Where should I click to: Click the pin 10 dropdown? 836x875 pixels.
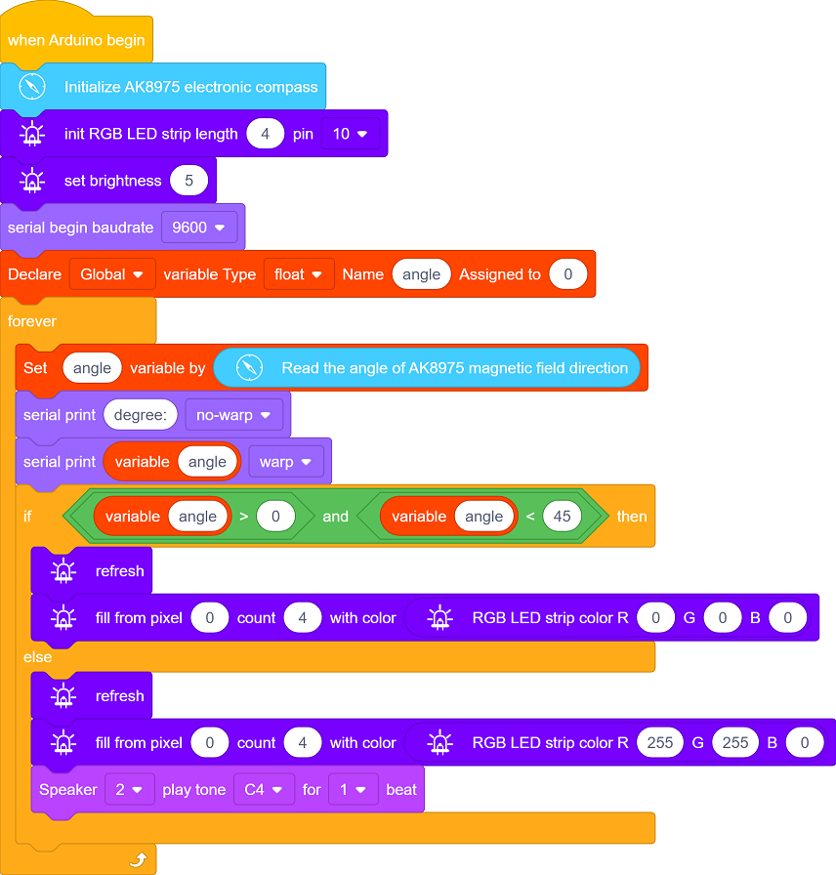350,134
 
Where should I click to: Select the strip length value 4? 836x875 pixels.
265,134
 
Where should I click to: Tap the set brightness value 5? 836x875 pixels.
189,181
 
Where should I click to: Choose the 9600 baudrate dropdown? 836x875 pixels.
198,228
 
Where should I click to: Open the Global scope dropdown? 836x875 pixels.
112,274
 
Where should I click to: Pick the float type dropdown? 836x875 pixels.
299,274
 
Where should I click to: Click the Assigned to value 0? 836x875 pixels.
568,274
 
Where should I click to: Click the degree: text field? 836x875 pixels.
141,415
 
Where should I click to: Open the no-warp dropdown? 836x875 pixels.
233,415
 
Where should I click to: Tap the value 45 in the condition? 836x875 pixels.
562,517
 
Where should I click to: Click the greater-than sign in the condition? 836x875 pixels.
244,517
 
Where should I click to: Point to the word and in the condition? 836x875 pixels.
335,517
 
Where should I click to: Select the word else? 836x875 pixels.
37,657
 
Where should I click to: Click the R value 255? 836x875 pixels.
660,743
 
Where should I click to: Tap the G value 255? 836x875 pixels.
735,743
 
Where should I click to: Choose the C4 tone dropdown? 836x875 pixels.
264,790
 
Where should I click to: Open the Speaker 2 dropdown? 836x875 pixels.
130,790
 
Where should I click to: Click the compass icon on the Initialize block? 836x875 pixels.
32,87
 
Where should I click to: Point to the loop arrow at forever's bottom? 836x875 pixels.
139,859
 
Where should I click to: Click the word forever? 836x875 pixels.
32,321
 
